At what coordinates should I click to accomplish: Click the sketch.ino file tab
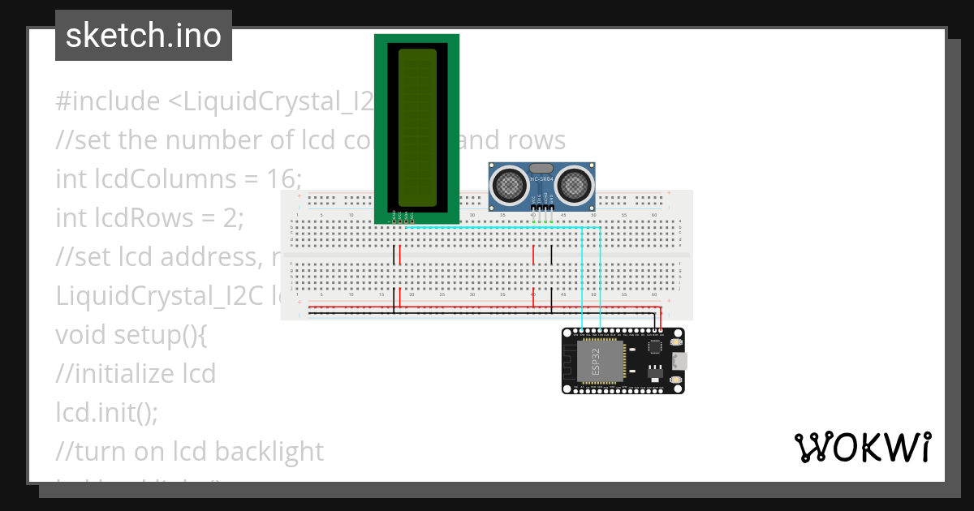[144, 36]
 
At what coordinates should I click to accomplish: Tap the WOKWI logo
[862, 447]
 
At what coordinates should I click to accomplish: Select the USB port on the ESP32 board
[678, 360]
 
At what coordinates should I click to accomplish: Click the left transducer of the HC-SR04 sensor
[509, 186]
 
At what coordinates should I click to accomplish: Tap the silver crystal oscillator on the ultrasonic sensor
[541, 168]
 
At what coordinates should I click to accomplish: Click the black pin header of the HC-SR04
[541, 208]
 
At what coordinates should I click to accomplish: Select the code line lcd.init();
[106, 412]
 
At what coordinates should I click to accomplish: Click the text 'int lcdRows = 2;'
[149, 217]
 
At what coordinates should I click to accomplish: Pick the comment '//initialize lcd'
[136, 373]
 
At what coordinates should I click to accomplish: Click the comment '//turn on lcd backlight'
[189, 451]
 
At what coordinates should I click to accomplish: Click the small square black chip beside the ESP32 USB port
[655, 346]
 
